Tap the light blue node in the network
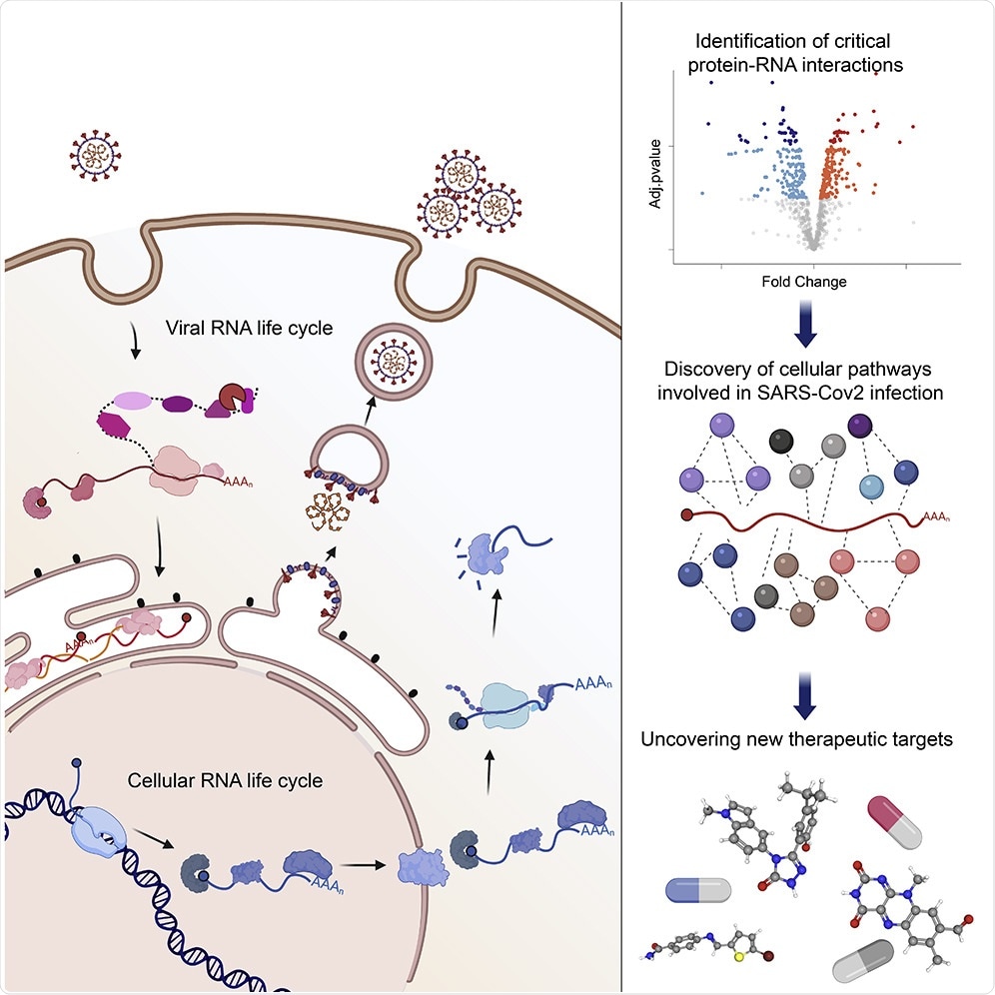[x=872, y=487]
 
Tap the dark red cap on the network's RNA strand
[x=685, y=514]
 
